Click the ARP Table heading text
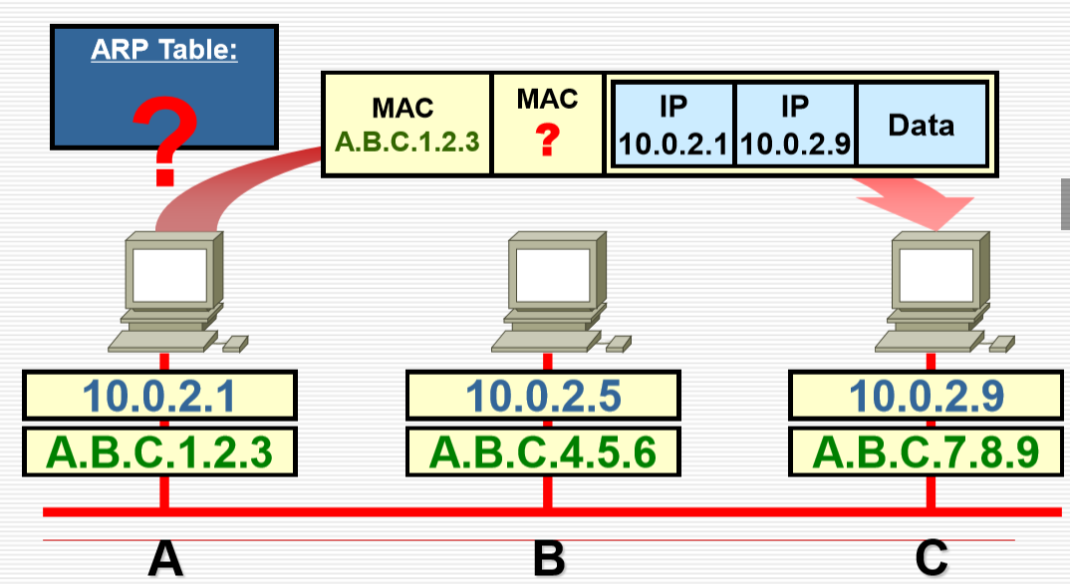164,49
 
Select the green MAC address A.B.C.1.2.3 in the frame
407,141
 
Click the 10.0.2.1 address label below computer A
159,396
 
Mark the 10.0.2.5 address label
543,396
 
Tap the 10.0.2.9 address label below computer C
927,396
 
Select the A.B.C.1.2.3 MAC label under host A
159,451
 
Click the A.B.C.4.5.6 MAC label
543,451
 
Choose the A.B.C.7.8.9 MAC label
927,451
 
